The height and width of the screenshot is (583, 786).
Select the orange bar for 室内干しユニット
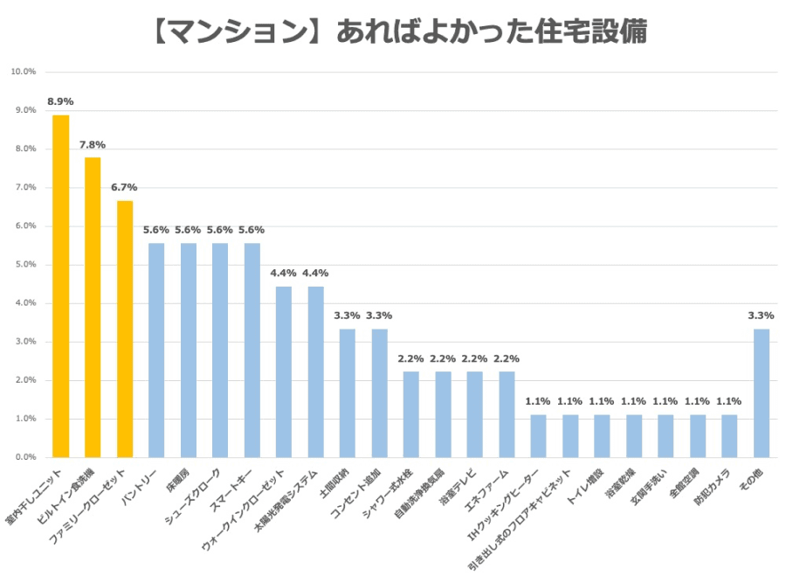click(x=60, y=286)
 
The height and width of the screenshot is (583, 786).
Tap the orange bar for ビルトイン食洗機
click(x=93, y=307)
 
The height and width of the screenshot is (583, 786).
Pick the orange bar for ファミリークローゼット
click(x=125, y=329)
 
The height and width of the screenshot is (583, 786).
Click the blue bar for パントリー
click(x=156, y=350)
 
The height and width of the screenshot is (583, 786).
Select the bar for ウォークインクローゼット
click(x=284, y=371)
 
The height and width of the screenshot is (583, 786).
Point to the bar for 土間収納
click(x=348, y=393)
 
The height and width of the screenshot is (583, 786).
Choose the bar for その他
click(x=762, y=393)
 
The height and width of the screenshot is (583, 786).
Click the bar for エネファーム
click(x=507, y=414)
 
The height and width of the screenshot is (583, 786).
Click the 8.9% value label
click(x=60, y=101)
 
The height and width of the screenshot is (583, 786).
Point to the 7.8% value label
click(x=93, y=144)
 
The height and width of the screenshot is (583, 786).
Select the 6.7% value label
click(x=124, y=187)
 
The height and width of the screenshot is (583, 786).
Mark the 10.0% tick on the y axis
click(x=23, y=72)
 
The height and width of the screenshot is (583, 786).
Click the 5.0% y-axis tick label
click(x=24, y=265)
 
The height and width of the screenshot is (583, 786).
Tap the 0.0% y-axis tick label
click(x=24, y=457)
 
